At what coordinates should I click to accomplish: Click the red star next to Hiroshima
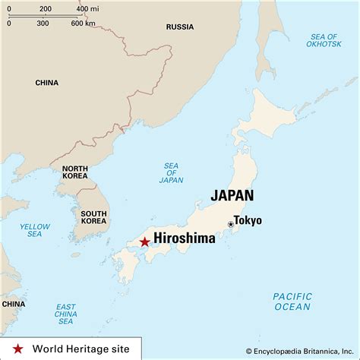coord(144,242)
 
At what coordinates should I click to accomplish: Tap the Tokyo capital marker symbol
coord(230,224)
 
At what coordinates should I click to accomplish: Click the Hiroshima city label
coord(185,238)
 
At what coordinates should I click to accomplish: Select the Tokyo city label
coord(248,220)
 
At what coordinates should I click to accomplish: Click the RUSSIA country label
coord(180,27)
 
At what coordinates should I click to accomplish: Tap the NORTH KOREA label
coord(75,172)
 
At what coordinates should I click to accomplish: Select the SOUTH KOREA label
coord(93,218)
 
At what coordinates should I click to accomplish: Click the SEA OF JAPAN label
coord(171,173)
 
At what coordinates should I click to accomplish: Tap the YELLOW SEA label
coord(34,230)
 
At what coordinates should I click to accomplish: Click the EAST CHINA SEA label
coord(65,313)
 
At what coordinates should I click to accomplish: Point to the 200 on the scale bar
coord(45,9)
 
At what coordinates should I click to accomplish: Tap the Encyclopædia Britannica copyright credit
coord(301,350)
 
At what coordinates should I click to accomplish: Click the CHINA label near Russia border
coord(46,83)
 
